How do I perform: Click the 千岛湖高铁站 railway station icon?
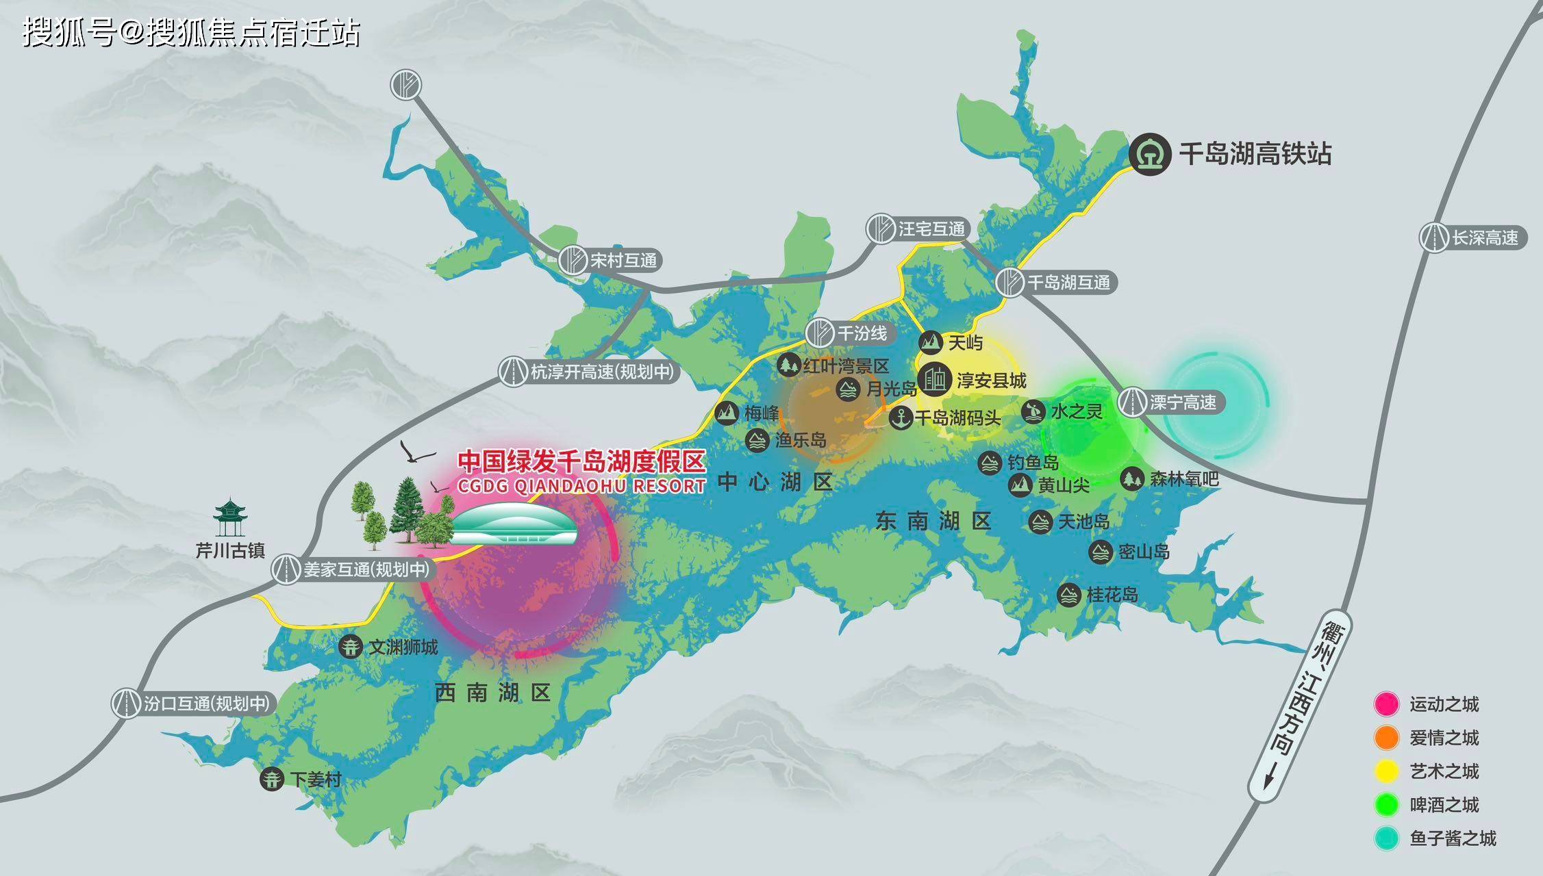tap(1150, 154)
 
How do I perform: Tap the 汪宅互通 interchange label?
tap(931, 229)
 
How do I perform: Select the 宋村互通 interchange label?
tap(623, 260)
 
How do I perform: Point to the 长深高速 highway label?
tap(1485, 237)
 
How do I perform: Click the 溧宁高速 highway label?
tap(1183, 402)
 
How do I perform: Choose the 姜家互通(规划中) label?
tap(366, 569)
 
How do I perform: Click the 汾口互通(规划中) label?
tap(205, 704)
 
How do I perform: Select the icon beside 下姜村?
tap(272, 779)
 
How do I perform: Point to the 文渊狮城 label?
tap(403, 647)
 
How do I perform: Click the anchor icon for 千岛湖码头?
tap(901, 417)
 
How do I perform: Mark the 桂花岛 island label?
tap(1112, 595)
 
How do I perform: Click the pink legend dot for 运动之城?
tap(1387, 704)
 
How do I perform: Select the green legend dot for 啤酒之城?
tap(1387, 805)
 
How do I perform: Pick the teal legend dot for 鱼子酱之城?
tap(1387, 838)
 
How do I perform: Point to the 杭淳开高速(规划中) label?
tap(601, 372)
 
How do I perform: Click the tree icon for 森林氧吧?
tap(1131, 478)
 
